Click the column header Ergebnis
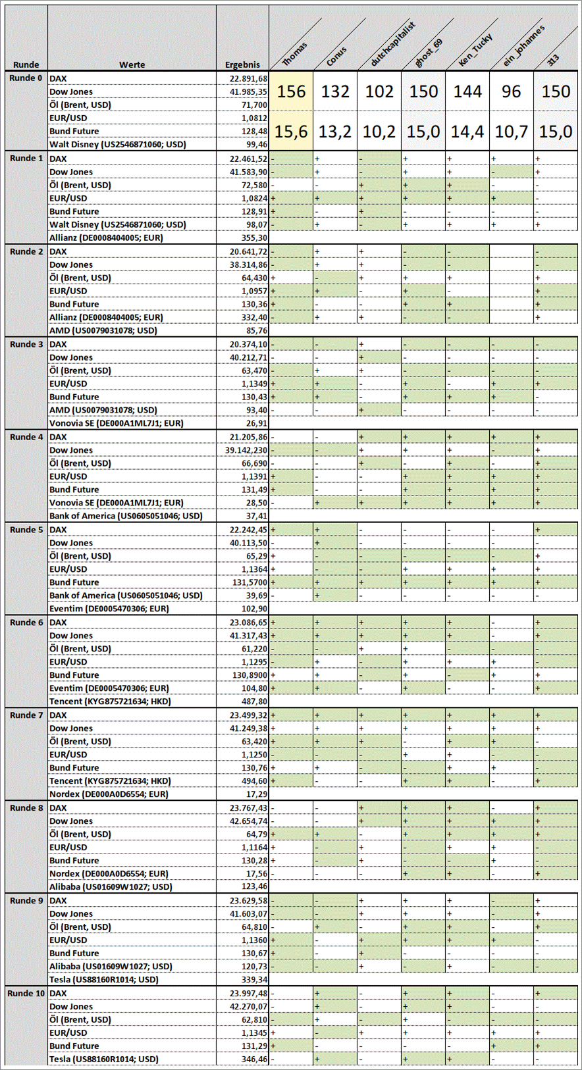(242, 64)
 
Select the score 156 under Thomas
(291, 91)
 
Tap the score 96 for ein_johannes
(512, 91)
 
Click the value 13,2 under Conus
(335, 132)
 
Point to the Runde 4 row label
(26, 437)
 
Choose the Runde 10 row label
(26, 993)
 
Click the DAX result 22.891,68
(248, 78)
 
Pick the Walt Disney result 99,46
(256, 144)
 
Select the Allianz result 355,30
(254, 238)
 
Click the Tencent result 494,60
(254, 781)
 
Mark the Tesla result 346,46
(254, 1059)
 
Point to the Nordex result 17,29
(256, 794)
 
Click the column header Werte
(132, 64)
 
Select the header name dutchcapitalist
(393, 45)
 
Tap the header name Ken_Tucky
(475, 50)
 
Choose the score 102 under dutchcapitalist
(379, 91)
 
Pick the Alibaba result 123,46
(254, 886)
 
